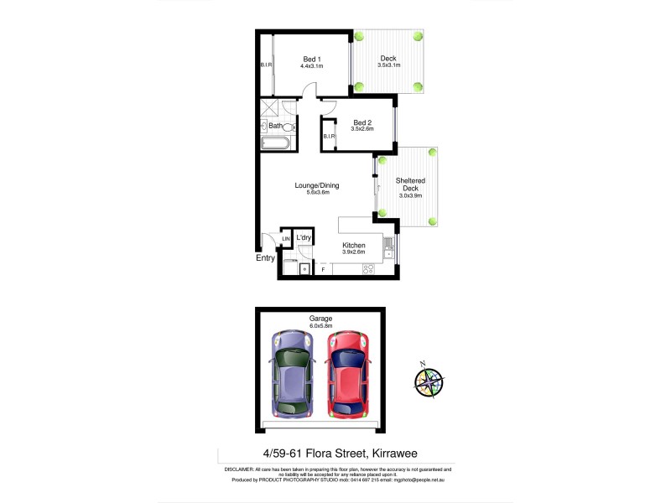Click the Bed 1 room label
(x=312, y=58)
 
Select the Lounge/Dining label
(x=312, y=185)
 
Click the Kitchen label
(x=353, y=245)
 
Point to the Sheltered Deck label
(x=410, y=185)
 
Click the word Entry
(x=265, y=258)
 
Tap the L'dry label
(x=304, y=239)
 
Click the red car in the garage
(x=347, y=374)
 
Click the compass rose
(x=429, y=381)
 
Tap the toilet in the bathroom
(x=288, y=127)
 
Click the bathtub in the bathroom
(x=275, y=143)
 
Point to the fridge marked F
(x=323, y=270)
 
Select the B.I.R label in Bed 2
(x=329, y=137)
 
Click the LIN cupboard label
(x=286, y=240)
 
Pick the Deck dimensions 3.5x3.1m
(x=387, y=65)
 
